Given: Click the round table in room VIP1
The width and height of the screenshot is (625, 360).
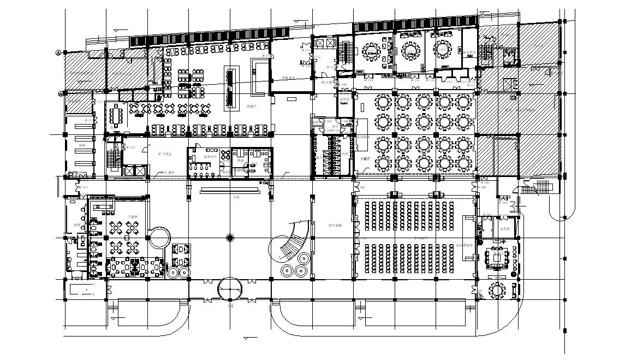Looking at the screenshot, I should pos(372,52).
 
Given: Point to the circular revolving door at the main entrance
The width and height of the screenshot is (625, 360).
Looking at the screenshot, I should pos(230,289).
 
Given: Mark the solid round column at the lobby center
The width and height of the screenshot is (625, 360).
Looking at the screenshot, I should pos(230,238).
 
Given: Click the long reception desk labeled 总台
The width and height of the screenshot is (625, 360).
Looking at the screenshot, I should pos(229,191).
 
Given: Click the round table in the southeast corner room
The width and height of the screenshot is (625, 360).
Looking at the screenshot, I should pos(497,290).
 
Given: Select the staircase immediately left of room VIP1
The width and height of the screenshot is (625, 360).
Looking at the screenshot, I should pos(344,52).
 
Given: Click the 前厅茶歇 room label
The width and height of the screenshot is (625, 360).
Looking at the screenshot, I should pos(335,225).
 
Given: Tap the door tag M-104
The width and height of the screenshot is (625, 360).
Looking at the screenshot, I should pos(504,203).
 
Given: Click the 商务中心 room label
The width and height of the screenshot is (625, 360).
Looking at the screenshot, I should pos(210,157).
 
